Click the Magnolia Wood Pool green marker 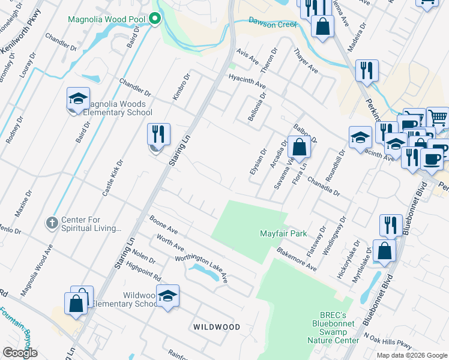[x=154, y=19]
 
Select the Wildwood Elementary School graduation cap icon [x=167, y=296]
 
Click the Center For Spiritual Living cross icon [x=52, y=223]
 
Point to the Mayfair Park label [x=283, y=233]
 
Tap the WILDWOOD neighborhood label [x=217, y=327]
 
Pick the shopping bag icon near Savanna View [x=299, y=147]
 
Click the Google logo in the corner [x=20, y=353]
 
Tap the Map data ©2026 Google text [x=411, y=355]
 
